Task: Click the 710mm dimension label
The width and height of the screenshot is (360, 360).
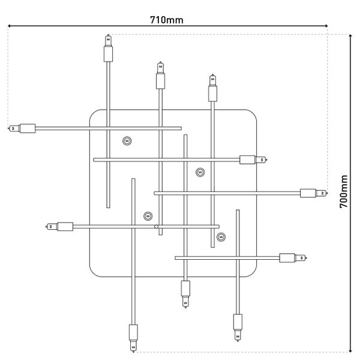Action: click(167, 20)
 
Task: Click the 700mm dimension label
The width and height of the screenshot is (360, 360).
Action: click(344, 191)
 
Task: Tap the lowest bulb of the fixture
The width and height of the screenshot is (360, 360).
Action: click(133, 336)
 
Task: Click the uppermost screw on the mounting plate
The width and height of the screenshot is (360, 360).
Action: click(127, 141)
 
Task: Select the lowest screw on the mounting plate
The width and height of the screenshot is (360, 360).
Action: click(221, 236)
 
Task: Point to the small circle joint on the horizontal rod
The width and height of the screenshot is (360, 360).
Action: click(156, 227)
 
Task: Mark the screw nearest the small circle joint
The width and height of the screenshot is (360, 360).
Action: click(148, 215)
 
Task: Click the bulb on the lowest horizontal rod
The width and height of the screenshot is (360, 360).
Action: click(293, 258)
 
